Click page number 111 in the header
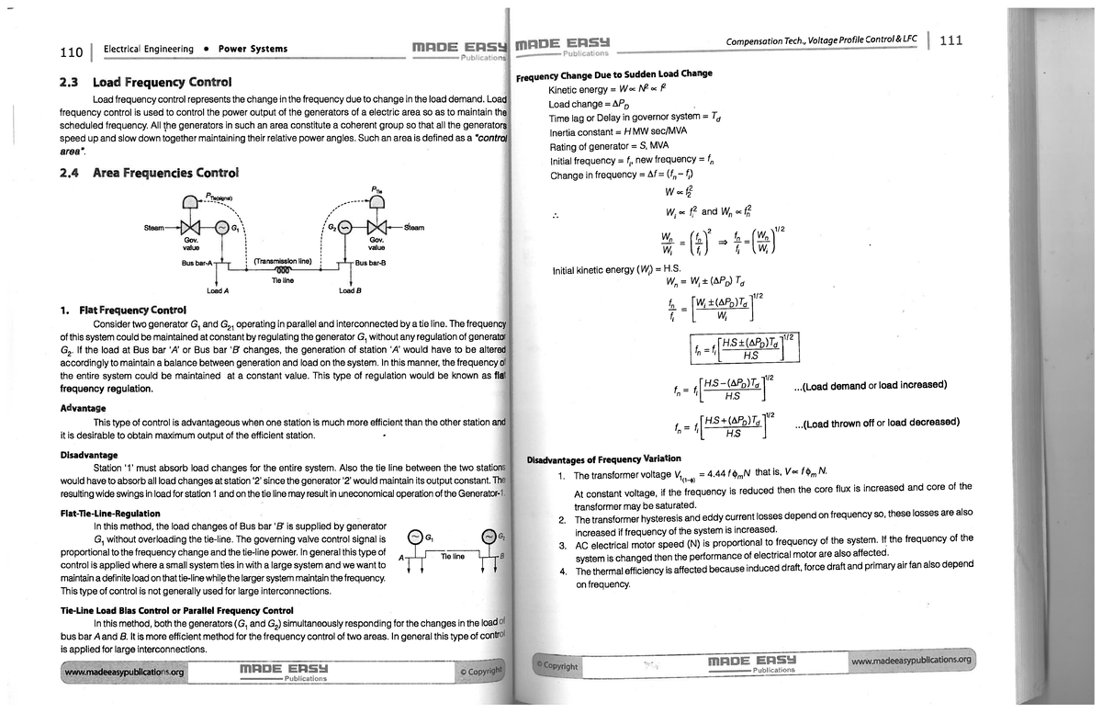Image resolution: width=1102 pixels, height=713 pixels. (x=951, y=41)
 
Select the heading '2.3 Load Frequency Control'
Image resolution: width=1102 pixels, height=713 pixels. (x=146, y=82)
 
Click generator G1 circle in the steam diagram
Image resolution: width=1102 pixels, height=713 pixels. (x=221, y=227)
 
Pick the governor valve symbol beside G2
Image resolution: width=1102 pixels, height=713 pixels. (x=376, y=228)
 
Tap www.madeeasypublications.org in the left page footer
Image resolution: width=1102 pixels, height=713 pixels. (x=124, y=672)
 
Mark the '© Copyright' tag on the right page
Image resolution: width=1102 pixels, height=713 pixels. (x=557, y=664)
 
